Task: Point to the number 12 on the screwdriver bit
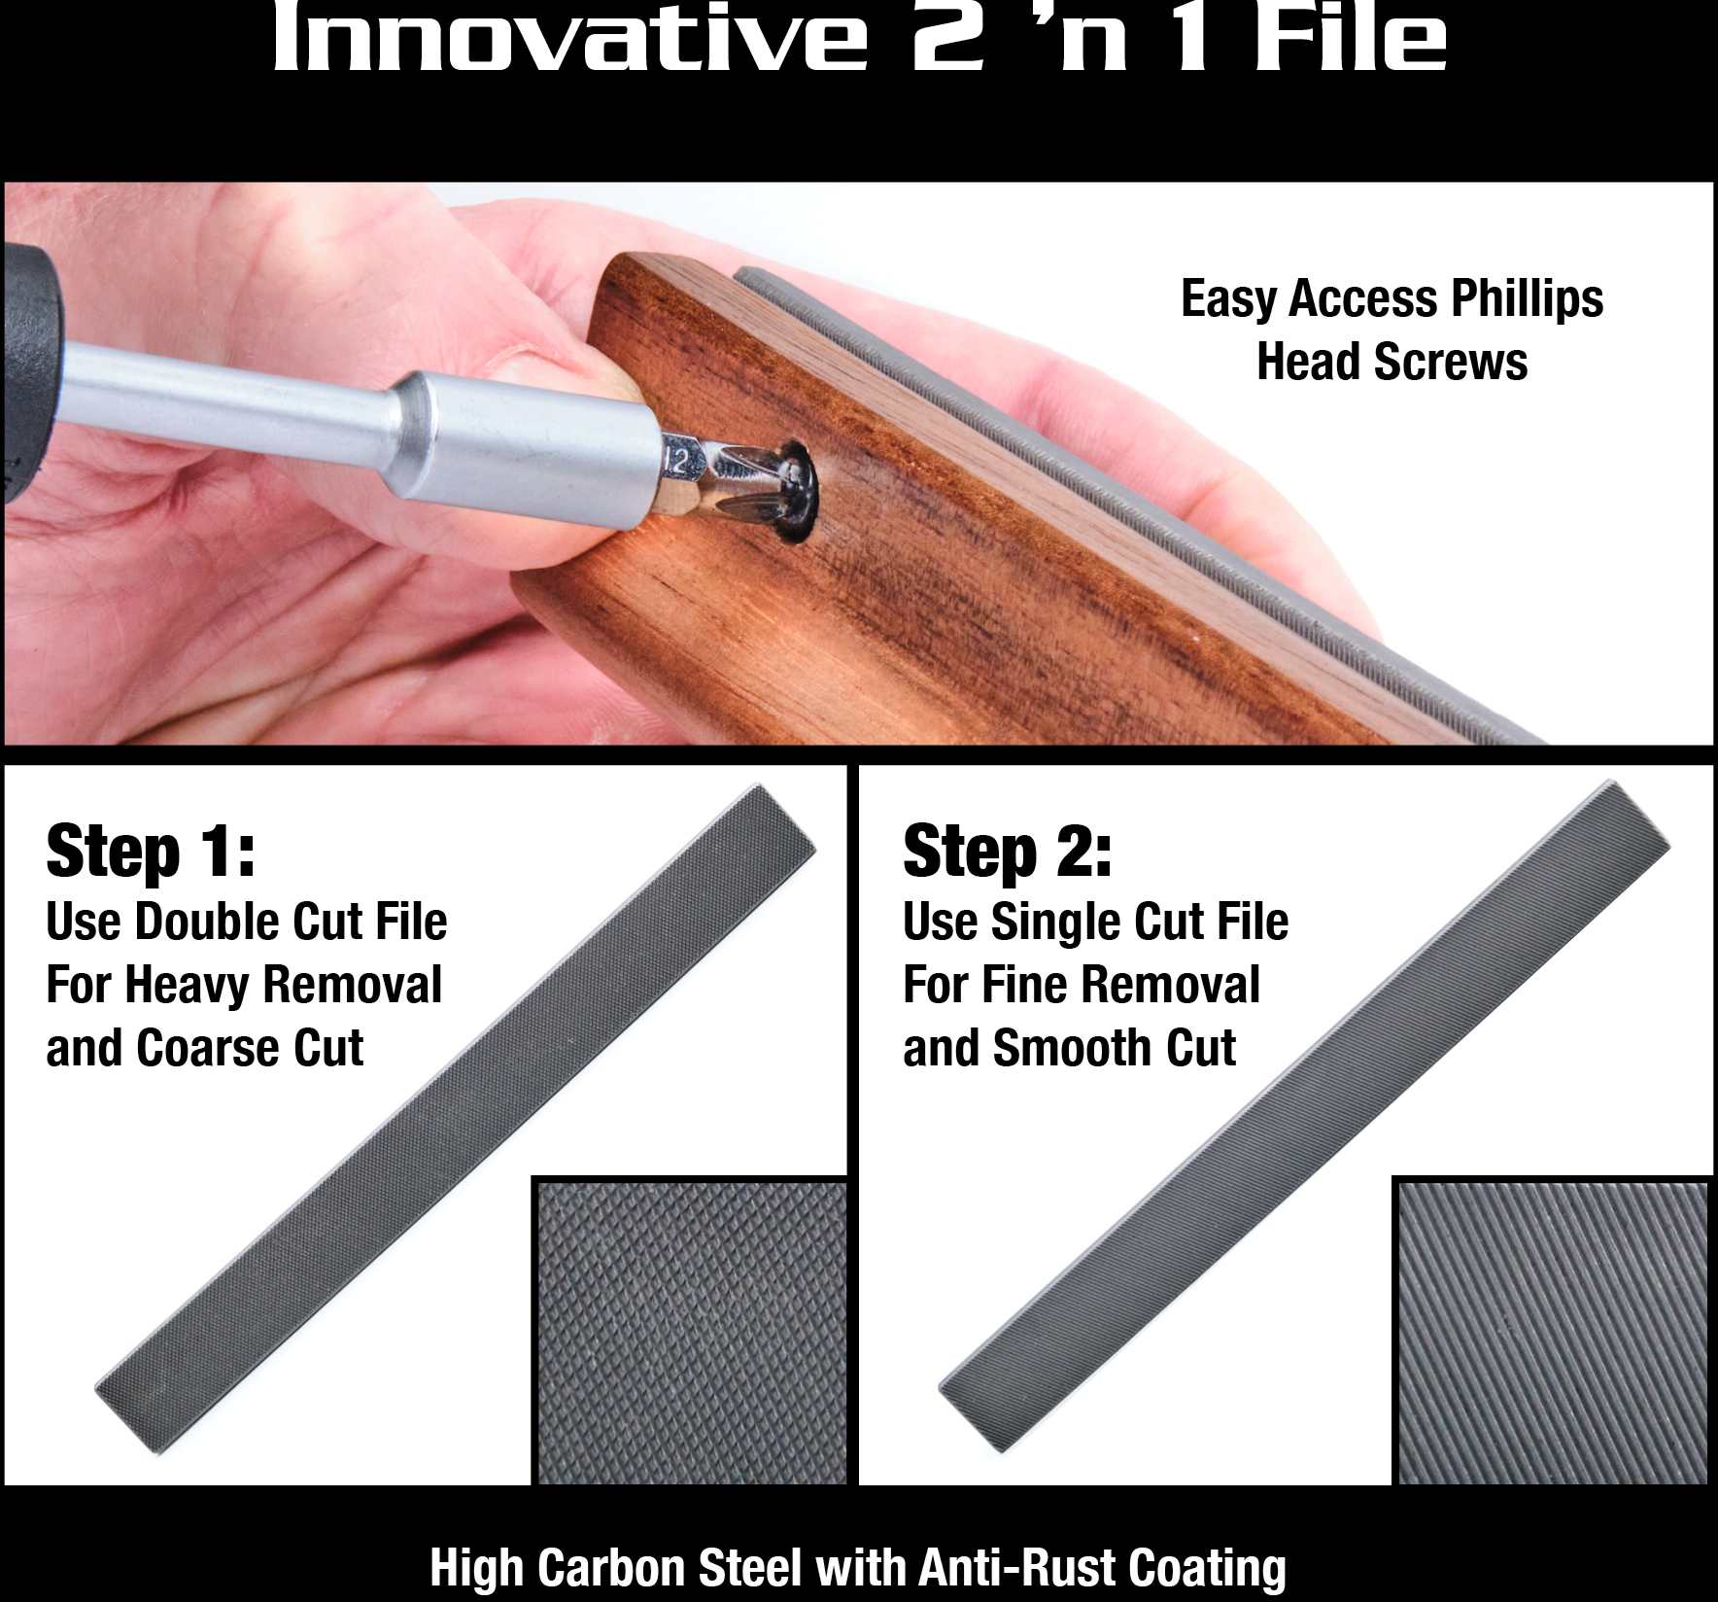[x=676, y=460]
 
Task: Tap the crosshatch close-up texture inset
[x=691, y=1332]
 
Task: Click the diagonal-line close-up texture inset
[x=1552, y=1332]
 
